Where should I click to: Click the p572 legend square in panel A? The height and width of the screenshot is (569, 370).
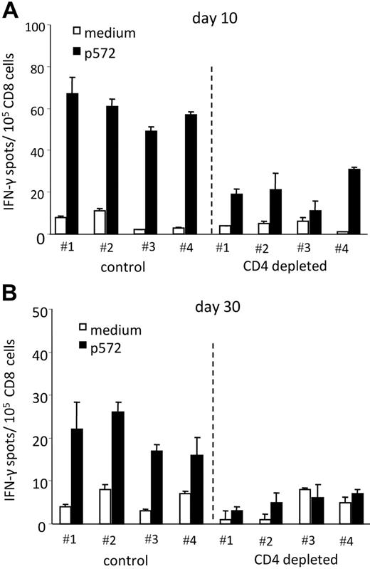tap(78, 52)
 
